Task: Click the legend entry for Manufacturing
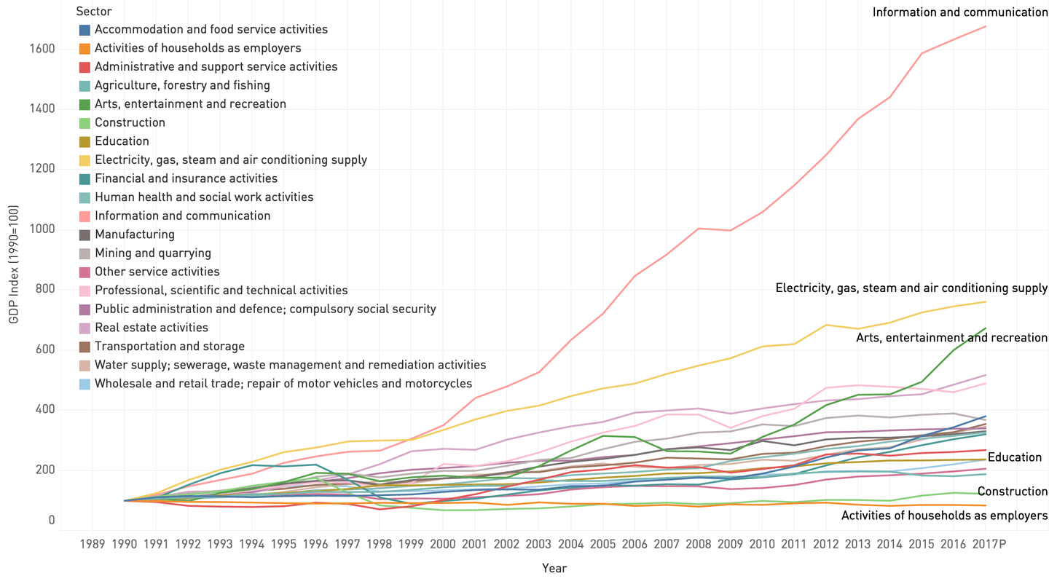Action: click(x=134, y=234)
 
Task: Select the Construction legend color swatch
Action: click(x=85, y=123)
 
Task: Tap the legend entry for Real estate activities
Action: click(x=151, y=328)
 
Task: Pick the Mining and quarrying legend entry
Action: click(x=152, y=253)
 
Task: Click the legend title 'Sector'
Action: click(x=94, y=11)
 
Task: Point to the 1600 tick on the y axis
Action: click(x=42, y=50)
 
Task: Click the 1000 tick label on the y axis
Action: click(x=42, y=229)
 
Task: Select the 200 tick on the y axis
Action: click(x=44, y=470)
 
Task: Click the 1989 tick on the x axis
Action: click(x=93, y=544)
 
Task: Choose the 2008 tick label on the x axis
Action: click(x=699, y=544)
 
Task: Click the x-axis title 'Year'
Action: click(x=554, y=568)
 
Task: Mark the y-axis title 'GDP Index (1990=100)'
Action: click(x=13, y=264)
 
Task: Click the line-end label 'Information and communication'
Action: click(x=959, y=12)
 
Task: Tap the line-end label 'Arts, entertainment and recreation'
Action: click(x=951, y=338)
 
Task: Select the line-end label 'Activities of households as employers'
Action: click(x=944, y=516)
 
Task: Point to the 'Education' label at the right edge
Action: click(x=1015, y=457)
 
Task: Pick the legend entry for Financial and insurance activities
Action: click(x=185, y=178)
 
